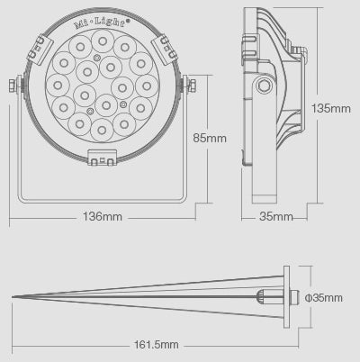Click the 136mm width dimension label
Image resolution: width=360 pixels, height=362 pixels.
[x=102, y=217]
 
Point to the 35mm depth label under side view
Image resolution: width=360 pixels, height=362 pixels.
[x=276, y=217]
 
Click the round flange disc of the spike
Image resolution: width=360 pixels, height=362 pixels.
[x=285, y=297]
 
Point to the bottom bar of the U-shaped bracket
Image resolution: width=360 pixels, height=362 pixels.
[x=102, y=199]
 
